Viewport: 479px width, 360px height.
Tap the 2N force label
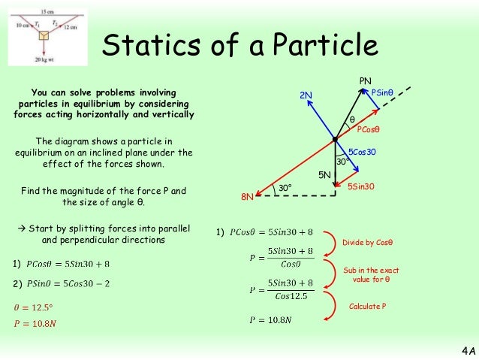pyautogui.click(x=306, y=95)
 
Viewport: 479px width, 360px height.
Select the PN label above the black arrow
pyautogui.click(x=366, y=80)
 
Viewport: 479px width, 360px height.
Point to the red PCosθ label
pyautogui.click(x=369, y=129)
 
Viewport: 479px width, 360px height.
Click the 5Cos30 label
pyautogui.click(x=362, y=153)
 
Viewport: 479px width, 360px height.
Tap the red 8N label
pyautogui.click(x=247, y=197)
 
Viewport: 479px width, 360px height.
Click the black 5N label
pyautogui.click(x=325, y=174)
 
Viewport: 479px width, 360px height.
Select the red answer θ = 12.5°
pyautogui.click(x=35, y=308)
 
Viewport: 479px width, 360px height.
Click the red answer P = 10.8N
pyautogui.click(x=35, y=323)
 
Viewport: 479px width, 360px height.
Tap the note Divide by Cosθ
pyautogui.click(x=367, y=243)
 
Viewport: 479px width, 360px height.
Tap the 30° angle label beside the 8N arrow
pyautogui.click(x=285, y=187)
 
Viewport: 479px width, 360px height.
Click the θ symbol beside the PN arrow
pyautogui.click(x=351, y=119)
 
